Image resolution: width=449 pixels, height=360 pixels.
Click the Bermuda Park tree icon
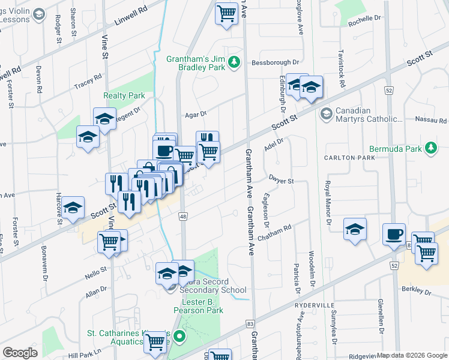tap(430, 148)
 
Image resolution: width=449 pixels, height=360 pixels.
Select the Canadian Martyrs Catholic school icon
tap(327, 113)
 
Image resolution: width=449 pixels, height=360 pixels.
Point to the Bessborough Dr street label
tap(275, 62)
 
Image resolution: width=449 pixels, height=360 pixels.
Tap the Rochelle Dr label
tap(364, 19)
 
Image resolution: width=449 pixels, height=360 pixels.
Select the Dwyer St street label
tap(281, 181)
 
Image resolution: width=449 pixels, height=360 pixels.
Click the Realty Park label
tap(124, 95)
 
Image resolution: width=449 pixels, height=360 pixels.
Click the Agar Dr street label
tap(196, 113)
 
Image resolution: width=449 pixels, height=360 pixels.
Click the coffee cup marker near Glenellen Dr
tap(394, 235)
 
